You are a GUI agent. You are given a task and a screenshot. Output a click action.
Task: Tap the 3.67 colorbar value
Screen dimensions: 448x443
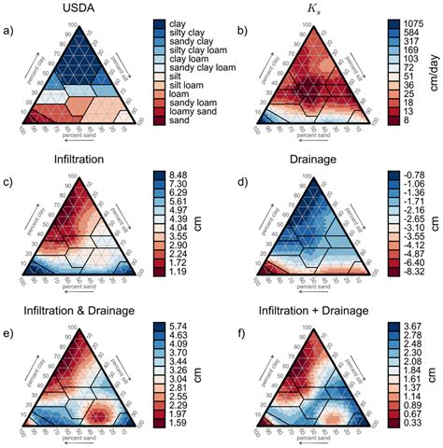point(396,320)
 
